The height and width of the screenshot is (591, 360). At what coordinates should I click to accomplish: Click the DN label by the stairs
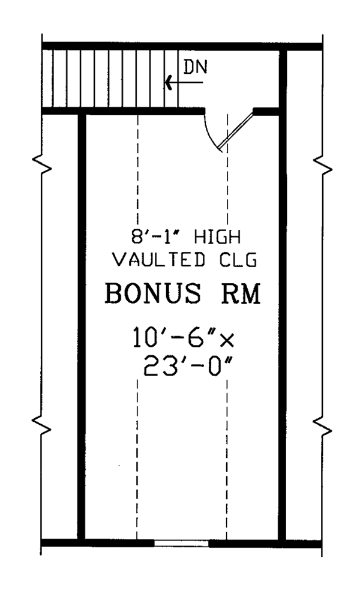pyautogui.click(x=195, y=67)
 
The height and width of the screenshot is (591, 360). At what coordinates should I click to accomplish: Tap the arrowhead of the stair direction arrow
pyautogui.click(x=169, y=83)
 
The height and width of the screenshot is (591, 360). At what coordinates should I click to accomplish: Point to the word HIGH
pyautogui.click(x=217, y=238)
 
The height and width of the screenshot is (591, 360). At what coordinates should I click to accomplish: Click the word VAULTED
pyautogui.click(x=160, y=260)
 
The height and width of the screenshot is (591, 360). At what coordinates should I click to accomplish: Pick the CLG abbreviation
pyautogui.click(x=238, y=260)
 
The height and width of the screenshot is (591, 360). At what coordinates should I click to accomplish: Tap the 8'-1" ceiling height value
pyautogui.click(x=155, y=238)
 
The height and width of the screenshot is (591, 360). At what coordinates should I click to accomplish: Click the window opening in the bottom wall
pyautogui.click(x=181, y=543)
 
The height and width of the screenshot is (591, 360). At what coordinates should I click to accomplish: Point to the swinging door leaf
pyautogui.click(x=236, y=131)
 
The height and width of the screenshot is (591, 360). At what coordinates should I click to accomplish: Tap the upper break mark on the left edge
pyautogui.click(x=41, y=164)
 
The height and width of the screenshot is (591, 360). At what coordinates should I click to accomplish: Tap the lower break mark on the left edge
pyautogui.click(x=41, y=424)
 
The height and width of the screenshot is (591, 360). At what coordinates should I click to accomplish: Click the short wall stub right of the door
pyautogui.click(x=266, y=111)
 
